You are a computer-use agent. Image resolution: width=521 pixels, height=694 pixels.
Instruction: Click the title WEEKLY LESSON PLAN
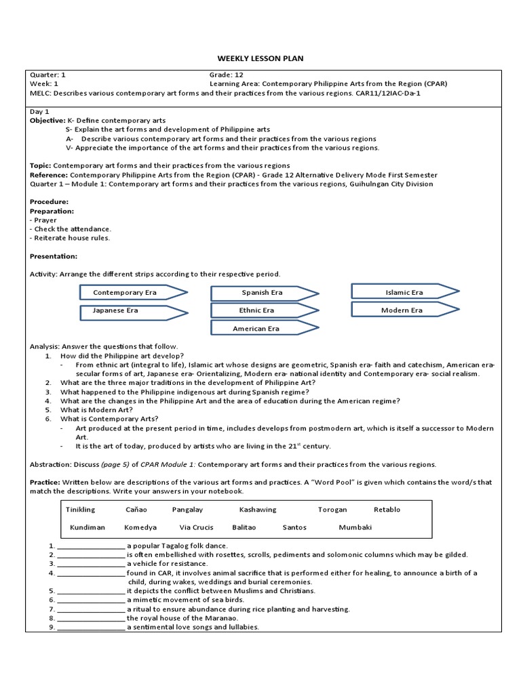pos(260,59)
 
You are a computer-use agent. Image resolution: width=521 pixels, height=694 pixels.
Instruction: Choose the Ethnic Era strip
pos(258,310)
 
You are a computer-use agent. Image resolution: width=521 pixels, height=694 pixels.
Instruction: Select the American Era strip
pos(257,329)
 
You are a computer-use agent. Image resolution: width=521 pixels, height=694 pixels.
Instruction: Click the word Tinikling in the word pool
pos(80,510)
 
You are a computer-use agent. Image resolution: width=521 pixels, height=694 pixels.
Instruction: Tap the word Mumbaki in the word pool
pos(355,527)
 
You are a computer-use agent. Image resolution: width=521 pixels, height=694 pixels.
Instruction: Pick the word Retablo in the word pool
pos(387,510)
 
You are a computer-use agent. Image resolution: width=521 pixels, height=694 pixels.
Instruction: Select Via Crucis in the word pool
pos(196,527)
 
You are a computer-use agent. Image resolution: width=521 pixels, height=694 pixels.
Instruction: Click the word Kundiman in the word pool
pos(87,527)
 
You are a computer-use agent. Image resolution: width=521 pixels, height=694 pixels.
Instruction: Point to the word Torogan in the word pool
pos(332,510)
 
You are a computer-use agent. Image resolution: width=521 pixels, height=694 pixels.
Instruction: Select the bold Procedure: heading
pos(49,201)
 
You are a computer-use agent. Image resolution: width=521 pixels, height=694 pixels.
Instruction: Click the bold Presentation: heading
pos(54,256)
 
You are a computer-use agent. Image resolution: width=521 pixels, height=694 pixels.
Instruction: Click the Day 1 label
pos(40,110)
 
